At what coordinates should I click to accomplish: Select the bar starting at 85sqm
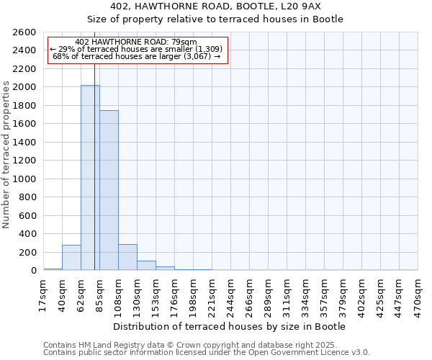point(109,190)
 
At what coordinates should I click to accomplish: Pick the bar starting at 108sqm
point(127,257)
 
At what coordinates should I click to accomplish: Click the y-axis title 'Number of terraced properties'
point(6,155)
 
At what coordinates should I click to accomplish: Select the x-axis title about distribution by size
point(230,326)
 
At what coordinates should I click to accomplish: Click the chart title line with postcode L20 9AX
point(216,6)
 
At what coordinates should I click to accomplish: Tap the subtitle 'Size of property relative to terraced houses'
point(216,19)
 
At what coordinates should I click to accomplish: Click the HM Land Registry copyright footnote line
point(201,345)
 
